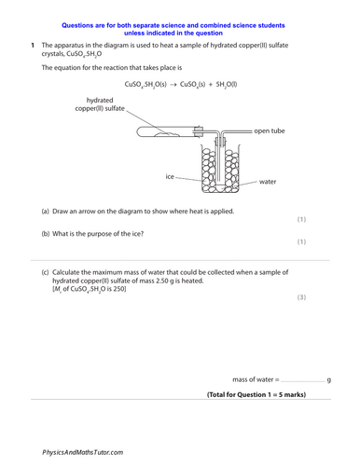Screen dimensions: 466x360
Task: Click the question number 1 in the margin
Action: click(x=33, y=45)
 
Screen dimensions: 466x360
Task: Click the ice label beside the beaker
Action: click(x=171, y=175)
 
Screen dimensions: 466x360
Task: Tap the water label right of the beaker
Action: click(x=268, y=182)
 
